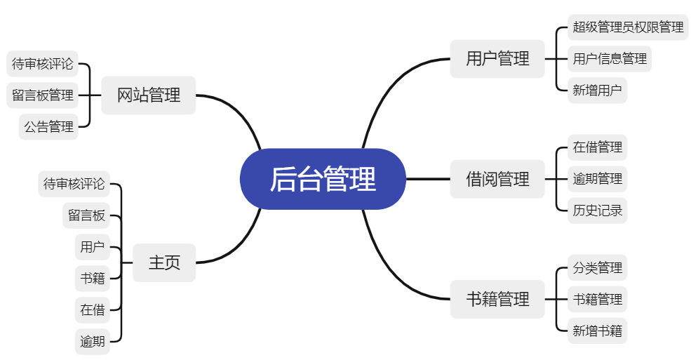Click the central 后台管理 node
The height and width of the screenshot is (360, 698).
[x=323, y=179]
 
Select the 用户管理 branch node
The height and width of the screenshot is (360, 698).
[x=497, y=58]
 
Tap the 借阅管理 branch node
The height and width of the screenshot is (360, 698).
[x=497, y=179]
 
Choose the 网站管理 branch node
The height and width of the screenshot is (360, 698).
[x=148, y=95]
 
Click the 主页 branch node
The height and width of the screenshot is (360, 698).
[x=164, y=262]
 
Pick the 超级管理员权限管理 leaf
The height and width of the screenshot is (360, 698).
[x=628, y=27]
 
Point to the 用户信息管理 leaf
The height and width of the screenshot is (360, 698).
[x=610, y=58]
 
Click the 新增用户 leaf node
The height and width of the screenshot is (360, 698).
[x=597, y=90]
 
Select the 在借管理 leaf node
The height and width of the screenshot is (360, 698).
[x=597, y=147]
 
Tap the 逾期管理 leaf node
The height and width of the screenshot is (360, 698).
[x=597, y=179]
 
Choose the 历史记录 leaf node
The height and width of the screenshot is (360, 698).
[x=597, y=211]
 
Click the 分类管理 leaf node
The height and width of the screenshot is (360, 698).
[x=597, y=268]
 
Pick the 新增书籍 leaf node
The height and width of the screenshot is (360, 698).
[x=597, y=331]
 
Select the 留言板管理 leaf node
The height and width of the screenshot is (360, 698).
[x=43, y=95]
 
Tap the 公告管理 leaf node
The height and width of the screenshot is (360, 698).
[x=48, y=126]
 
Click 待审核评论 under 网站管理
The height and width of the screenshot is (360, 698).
[x=42, y=64]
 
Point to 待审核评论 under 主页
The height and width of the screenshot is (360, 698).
[x=74, y=184]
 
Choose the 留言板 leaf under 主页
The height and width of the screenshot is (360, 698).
[x=86, y=215]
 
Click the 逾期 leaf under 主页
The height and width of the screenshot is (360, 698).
[x=92, y=342]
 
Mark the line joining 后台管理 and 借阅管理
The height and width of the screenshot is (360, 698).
[x=428, y=179]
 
